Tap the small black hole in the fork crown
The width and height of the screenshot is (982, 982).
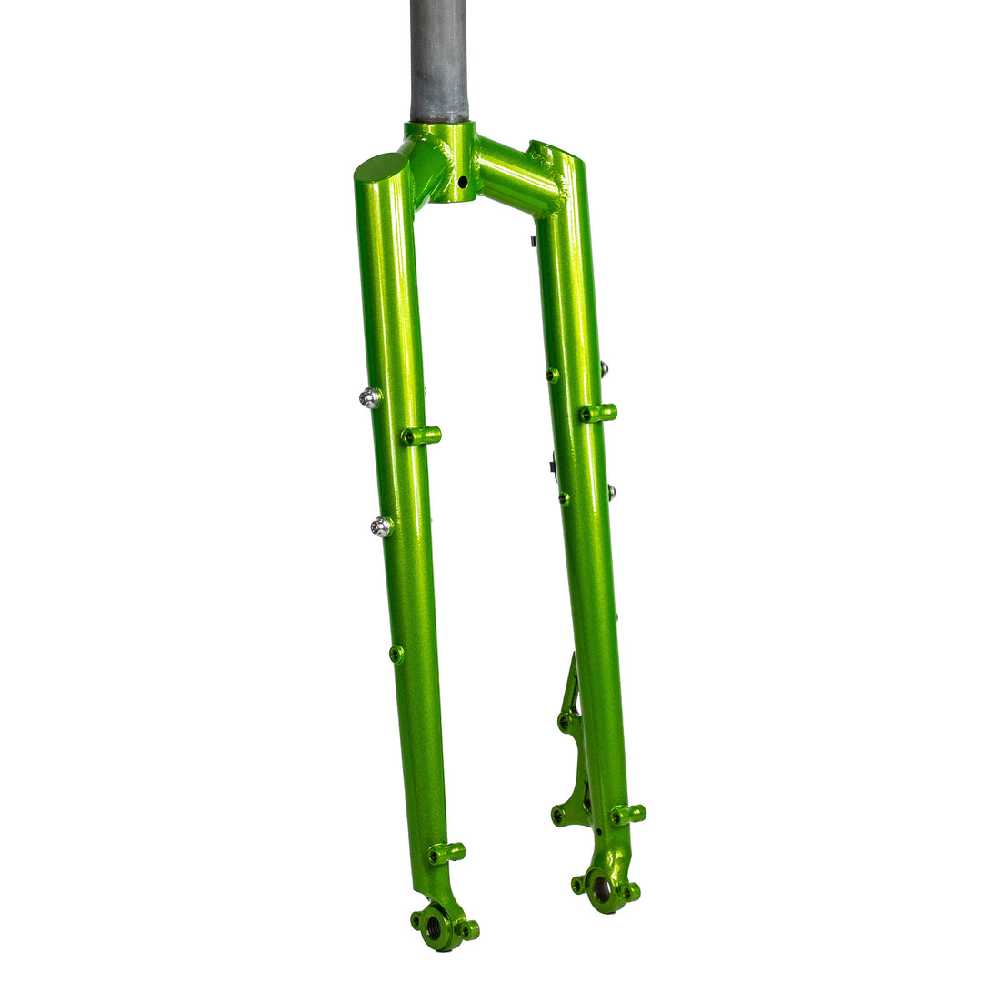click(462, 183)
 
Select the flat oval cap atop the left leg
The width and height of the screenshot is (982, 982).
click(381, 167)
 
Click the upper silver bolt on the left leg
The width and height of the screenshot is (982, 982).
click(369, 397)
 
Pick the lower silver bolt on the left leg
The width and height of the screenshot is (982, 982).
click(381, 526)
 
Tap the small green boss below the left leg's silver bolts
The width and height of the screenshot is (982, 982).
click(396, 654)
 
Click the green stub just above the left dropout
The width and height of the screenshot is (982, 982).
click(446, 852)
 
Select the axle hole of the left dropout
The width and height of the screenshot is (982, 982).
click(434, 927)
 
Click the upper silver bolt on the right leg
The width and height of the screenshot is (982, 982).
click(603, 368)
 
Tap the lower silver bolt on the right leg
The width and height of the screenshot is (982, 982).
click(611, 492)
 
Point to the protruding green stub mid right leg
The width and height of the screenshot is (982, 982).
click(598, 413)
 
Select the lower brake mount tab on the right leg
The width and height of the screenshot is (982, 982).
click(558, 815)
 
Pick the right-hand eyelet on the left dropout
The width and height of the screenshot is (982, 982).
click(470, 930)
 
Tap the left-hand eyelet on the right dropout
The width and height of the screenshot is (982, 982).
click(576, 883)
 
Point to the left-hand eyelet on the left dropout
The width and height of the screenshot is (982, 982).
click(416, 919)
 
